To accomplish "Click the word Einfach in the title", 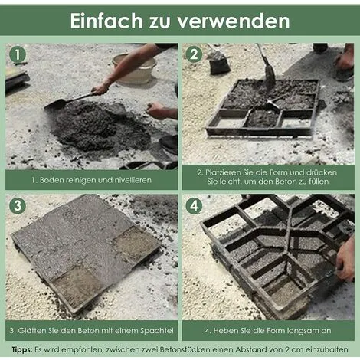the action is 106,21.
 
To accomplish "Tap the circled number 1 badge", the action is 18,54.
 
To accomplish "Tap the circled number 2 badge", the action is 194,54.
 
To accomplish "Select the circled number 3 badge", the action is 18,205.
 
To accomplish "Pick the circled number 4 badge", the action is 194,205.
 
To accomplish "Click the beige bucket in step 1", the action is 136,70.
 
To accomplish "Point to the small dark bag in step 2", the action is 219,64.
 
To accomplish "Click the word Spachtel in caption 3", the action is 157,331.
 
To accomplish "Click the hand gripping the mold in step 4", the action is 345,258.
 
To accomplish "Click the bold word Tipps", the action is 22,350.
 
